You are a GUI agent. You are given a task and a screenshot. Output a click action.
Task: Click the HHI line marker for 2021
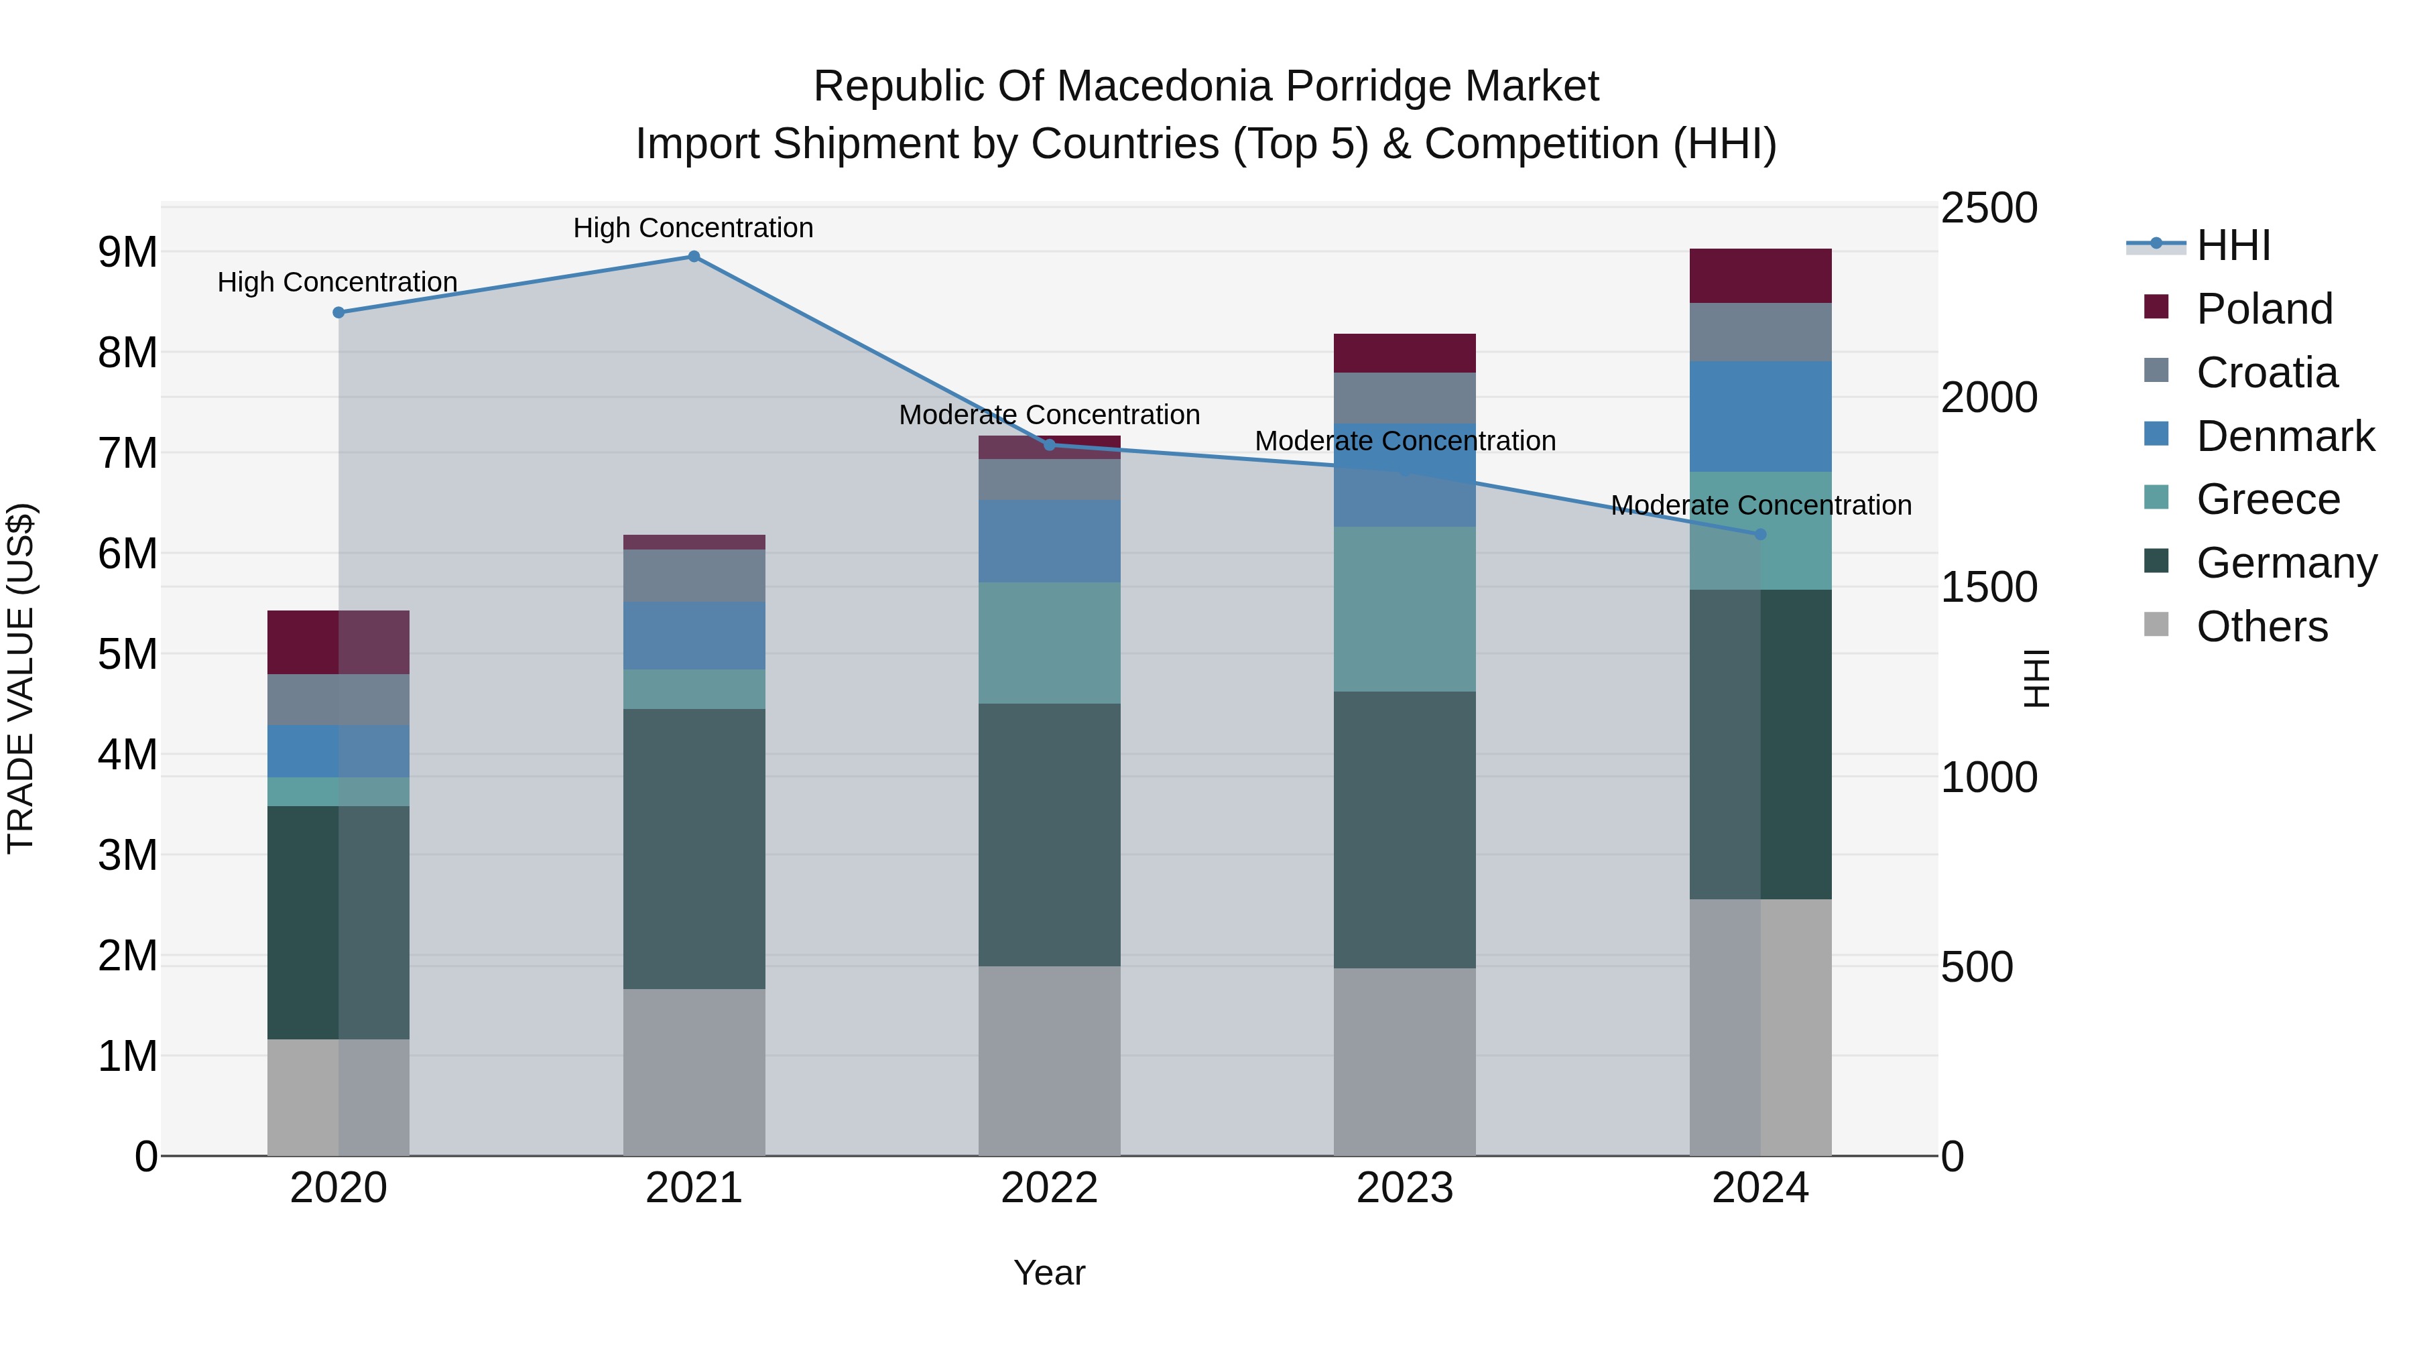[694, 257]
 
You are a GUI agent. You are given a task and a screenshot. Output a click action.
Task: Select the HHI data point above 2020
[339, 313]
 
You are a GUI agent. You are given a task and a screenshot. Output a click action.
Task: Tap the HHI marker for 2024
[1760, 535]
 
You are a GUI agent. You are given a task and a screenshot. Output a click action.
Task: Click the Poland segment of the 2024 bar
[1760, 276]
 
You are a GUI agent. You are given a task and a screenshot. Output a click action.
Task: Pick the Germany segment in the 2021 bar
[694, 848]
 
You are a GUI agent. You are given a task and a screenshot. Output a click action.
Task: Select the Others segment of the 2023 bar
[1404, 1062]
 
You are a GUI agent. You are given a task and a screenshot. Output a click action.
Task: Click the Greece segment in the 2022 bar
[1049, 643]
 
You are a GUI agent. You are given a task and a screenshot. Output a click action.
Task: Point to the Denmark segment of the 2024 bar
[1760, 417]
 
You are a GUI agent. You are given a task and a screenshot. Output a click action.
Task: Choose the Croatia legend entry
[2266, 373]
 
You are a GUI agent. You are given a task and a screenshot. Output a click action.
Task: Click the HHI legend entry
[2233, 245]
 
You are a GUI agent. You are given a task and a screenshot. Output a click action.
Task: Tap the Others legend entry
[2262, 627]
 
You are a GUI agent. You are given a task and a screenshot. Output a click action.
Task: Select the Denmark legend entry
[2285, 436]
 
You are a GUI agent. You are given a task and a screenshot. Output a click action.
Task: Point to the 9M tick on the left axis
[127, 252]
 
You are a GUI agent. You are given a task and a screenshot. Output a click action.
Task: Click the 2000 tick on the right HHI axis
[1988, 397]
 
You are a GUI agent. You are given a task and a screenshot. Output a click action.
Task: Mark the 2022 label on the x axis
[1049, 1188]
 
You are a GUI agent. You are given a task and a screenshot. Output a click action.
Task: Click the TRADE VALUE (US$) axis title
[21, 679]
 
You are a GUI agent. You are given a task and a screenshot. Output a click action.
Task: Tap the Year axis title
[1049, 1273]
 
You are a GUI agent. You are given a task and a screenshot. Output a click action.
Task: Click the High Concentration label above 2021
[693, 228]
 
